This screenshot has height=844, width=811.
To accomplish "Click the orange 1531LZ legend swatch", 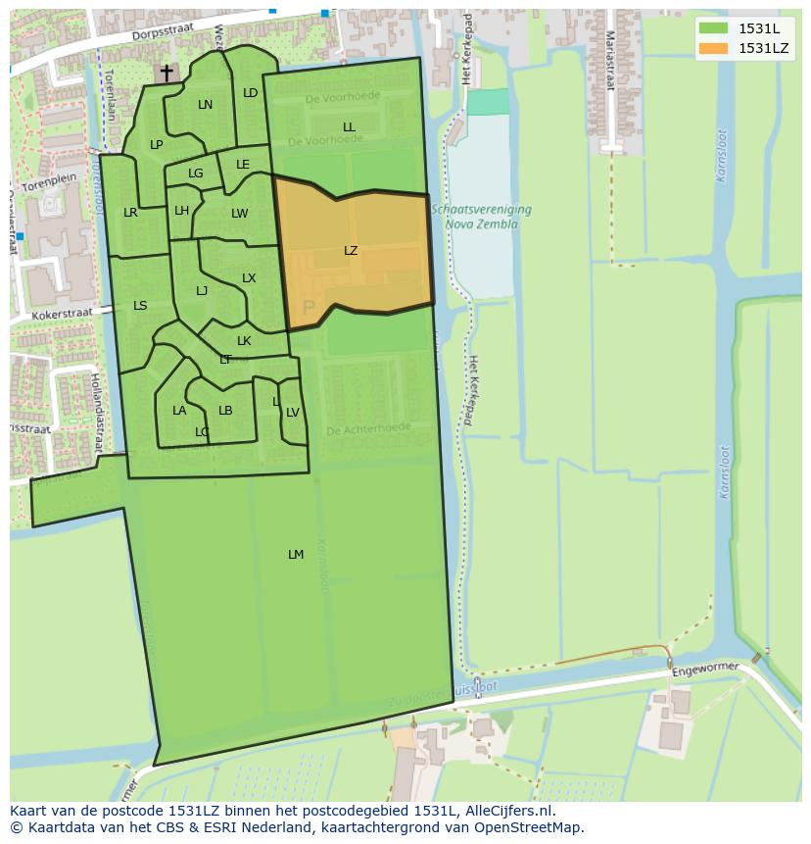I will pyautogui.click(x=714, y=48).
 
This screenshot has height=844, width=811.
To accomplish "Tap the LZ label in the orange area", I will pyautogui.click(x=351, y=251).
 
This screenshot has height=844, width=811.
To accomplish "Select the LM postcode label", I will pyautogui.click(x=296, y=555).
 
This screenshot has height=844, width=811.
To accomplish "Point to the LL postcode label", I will pyautogui.click(x=349, y=127).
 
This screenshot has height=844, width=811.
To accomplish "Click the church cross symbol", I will pyautogui.click(x=167, y=73).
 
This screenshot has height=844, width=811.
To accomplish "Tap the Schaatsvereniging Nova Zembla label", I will pyautogui.click(x=488, y=217).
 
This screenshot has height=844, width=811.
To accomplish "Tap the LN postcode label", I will pyautogui.click(x=205, y=105).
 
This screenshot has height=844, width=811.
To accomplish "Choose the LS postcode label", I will pyautogui.click(x=140, y=306).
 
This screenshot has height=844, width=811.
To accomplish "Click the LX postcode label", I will pyautogui.click(x=249, y=278).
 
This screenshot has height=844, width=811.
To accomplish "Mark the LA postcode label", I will pyautogui.click(x=179, y=411).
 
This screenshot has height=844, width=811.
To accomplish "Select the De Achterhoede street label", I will pyautogui.click(x=367, y=429).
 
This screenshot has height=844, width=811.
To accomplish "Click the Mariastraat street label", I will pyautogui.click(x=609, y=59).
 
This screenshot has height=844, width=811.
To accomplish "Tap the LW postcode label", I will pyautogui.click(x=240, y=214).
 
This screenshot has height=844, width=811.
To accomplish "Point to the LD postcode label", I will pyautogui.click(x=250, y=93).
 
